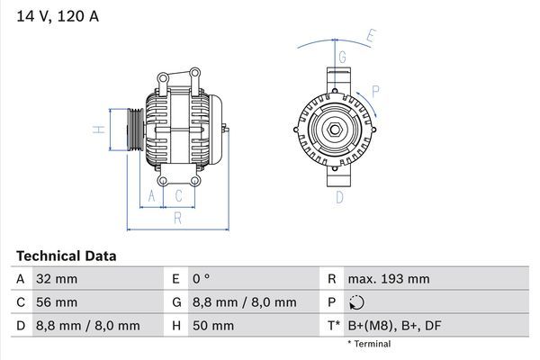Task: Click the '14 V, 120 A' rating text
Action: pos(57,15)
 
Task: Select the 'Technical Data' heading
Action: pos(67,256)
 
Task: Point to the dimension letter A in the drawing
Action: pos(151,195)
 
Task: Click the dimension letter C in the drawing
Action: pos(179,195)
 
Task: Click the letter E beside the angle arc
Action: pos(371,37)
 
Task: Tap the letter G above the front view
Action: pos(342,56)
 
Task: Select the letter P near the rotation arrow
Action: pos(375,90)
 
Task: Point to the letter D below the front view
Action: pos(340,197)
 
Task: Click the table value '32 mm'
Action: pos(56,279)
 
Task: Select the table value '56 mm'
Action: pos(56,302)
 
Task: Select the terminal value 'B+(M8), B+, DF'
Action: pos(395,326)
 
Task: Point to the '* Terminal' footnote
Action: pos(369,344)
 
